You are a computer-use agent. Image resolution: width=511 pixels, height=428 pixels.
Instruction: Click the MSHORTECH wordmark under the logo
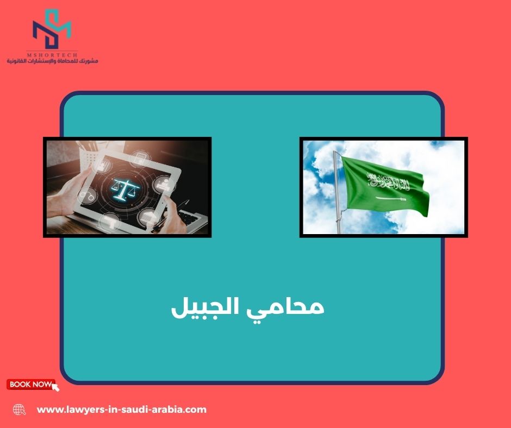pos(52,55)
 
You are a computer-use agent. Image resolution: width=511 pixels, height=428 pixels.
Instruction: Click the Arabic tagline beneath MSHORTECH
pos(52,61)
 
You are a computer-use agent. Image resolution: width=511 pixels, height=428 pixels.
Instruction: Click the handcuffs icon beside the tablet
pos(88,196)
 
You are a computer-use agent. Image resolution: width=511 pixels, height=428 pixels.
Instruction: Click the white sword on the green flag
pos(391,198)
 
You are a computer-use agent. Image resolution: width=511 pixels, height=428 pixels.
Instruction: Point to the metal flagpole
pos(337,192)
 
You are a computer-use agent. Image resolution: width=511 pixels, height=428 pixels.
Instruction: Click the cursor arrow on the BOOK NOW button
pos(56,387)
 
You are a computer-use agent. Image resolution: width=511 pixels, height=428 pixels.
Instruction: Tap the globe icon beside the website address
pos(19,410)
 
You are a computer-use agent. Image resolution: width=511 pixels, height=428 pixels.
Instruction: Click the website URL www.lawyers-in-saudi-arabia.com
pos(122,410)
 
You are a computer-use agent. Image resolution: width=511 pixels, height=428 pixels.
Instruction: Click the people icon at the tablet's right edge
pos(165,184)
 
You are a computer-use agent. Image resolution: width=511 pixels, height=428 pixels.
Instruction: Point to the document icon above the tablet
pos(140,159)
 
